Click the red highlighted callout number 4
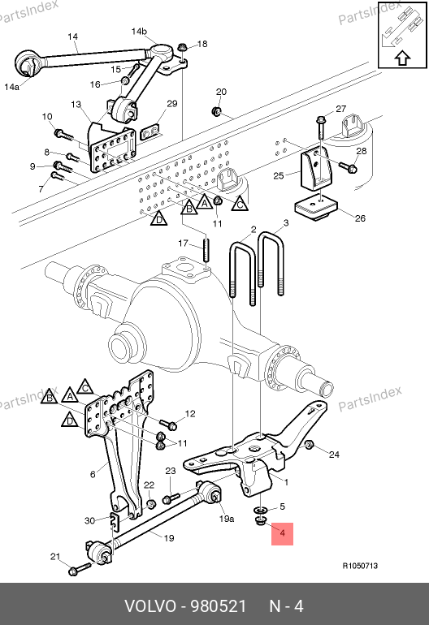tap(283, 533)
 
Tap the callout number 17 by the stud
tap(183, 244)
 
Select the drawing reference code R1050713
tap(360, 566)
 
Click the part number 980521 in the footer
tap(219, 606)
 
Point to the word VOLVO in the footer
tap(150, 606)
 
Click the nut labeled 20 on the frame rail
tap(216, 111)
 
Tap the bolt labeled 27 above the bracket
tap(320, 127)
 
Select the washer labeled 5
tap(261, 511)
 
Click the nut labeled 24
tap(309, 445)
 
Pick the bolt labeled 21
tap(80, 569)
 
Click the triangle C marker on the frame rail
tap(240, 203)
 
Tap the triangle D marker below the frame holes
tap(158, 218)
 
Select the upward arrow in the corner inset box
tap(403, 58)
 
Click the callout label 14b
tap(139, 31)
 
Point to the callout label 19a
tap(226, 519)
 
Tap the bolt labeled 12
tap(168, 424)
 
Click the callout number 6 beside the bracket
tap(93, 474)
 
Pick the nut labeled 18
tap(181, 47)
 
